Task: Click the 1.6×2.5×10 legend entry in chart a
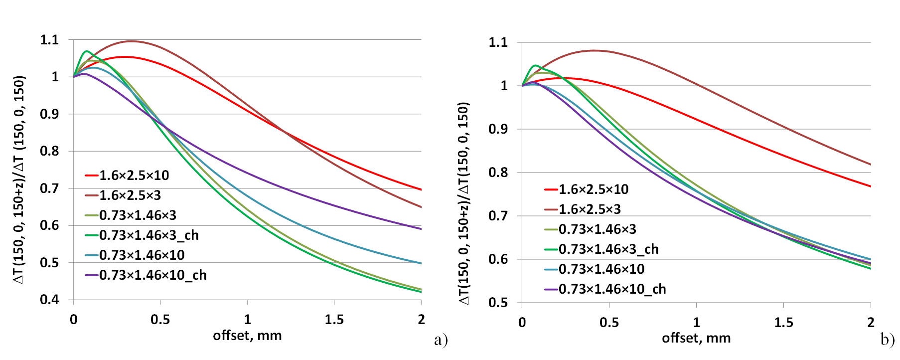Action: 134,176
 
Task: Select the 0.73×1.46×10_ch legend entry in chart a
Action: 152,275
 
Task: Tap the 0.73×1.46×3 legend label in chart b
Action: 597,229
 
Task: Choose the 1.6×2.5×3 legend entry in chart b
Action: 589,209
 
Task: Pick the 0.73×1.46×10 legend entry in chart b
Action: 601,269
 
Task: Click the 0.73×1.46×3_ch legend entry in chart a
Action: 149,235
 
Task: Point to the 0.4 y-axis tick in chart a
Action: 49,300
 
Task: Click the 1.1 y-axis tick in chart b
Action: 498,42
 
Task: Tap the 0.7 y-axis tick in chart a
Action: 49,188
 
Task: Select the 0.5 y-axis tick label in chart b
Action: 498,303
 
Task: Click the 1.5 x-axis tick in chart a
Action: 334,320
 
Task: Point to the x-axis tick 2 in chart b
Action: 871,323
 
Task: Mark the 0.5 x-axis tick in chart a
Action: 160,320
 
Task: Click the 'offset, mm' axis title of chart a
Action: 247,336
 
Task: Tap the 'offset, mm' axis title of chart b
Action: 696,338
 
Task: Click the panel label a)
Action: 441,340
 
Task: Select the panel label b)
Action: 888,340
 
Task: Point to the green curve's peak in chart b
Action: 536,65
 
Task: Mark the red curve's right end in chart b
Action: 870,186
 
